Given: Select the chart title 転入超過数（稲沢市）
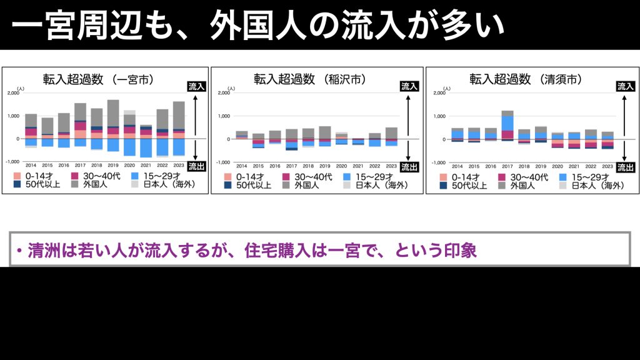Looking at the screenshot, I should click(x=309, y=79).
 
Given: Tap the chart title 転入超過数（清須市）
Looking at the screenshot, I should click(x=526, y=79).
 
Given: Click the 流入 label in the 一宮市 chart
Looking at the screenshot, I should click(x=197, y=86).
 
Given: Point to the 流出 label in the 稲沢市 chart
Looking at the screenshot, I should click(x=408, y=167).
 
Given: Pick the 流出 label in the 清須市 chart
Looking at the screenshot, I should click(x=625, y=167).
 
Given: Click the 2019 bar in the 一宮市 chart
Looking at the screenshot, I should click(x=113, y=125).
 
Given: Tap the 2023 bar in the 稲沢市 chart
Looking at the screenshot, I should click(x=391, y=136).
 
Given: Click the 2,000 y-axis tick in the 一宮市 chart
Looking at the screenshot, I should click(x=13, y=93).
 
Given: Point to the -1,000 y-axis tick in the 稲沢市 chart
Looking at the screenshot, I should click(x=223, y=162).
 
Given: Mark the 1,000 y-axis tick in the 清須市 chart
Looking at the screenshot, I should click(x=439, y=116).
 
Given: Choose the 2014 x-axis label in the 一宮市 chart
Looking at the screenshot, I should click(x=31, y=164).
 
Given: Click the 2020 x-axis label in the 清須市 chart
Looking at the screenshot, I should click(x=557, y=166).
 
